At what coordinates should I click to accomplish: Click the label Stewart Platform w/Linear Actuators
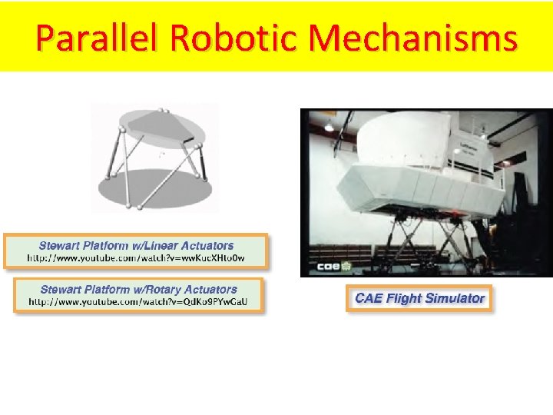[x=136, y=246]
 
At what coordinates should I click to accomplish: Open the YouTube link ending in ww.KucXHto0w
[x=136, y=258]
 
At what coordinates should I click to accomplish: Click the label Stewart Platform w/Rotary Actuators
[x=138, y=290]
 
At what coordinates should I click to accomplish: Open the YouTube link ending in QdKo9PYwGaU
[x=138, y=302]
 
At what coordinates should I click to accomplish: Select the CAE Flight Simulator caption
[x=419, y=298]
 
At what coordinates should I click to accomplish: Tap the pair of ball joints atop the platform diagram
[x=163, y=111]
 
